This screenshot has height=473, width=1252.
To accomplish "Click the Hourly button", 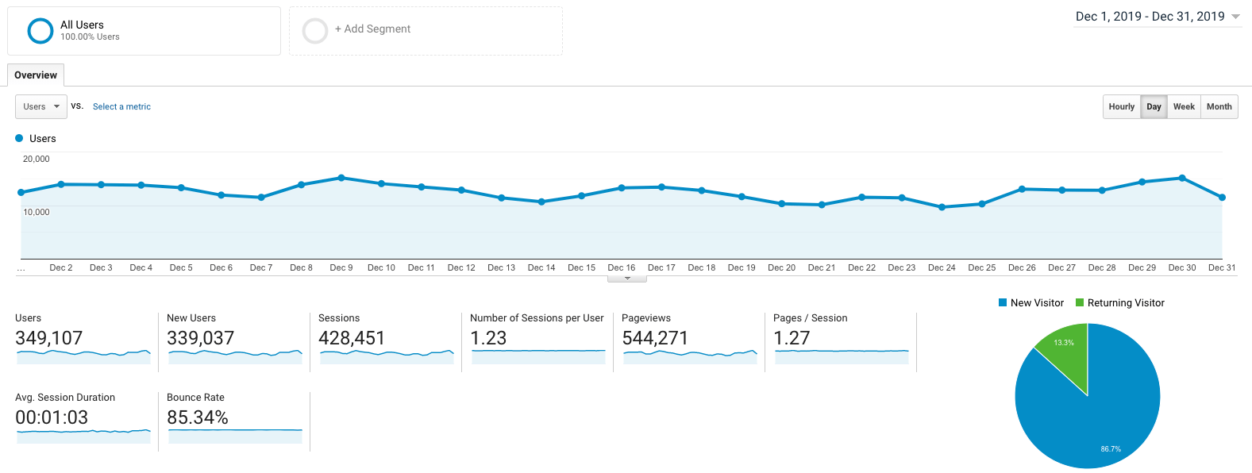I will [1121, 106].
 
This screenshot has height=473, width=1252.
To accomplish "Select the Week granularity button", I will [1184, 106].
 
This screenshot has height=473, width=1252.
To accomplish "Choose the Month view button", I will [1219, 106].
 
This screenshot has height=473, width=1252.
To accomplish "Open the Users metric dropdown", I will [41, 106].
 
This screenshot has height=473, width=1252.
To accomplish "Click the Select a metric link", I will [121, 106].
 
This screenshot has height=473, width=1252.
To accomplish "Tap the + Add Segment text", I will [372, 29].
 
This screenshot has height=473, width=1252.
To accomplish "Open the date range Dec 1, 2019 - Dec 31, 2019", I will [1157, 17].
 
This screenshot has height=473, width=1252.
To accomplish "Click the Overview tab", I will [36, 75].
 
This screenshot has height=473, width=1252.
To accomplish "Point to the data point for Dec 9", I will [341, 178].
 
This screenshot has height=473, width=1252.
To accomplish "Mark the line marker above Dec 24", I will [942, 207].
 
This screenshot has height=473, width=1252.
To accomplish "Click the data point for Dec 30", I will [1182, 178].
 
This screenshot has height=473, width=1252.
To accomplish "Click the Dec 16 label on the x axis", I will [621, 267].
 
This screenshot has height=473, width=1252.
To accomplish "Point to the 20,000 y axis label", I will [37, 159].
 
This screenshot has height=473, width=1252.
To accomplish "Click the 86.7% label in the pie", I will [1111, 449].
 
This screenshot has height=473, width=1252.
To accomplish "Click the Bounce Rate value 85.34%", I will [198, 417].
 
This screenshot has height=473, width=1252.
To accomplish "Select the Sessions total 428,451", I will [352, 338].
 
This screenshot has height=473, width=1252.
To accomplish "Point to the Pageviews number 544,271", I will [655, 338].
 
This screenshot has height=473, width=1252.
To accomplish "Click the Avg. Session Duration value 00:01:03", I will [52, 417].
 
